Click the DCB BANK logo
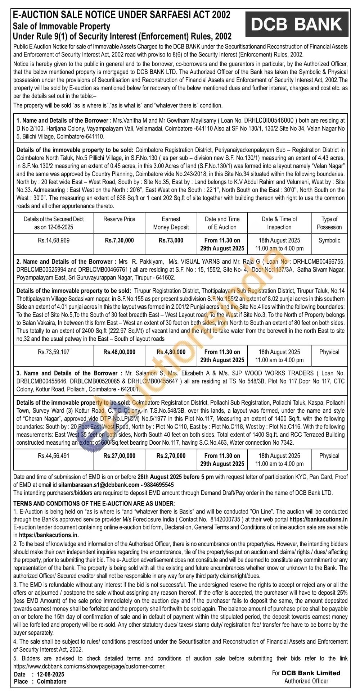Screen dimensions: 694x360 click(x=297, y=24)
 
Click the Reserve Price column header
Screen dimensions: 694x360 click(x=119, y=219)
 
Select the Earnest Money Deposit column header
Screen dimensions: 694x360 click(x=171, y=223)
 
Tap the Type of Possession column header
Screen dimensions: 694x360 click(x=329, y=223)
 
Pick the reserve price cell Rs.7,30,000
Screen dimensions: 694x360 click(x=119, y=240)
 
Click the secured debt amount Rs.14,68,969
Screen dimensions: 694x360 click(x=54, y=240)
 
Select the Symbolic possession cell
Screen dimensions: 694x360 click(x=329, y=240)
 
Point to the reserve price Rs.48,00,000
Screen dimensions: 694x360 click(x=119, y=352)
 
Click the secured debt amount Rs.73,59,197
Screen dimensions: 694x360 click(x=54, y=352)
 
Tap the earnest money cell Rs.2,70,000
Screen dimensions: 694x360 click(x=171, y=455)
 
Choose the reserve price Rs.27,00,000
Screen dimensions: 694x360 click(x=119, y=455)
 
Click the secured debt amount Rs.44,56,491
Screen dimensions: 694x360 click(x=54, y=455)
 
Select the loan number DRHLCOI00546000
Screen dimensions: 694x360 click(x=271, y=121)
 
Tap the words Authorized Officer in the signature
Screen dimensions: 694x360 click(x=306, y=681)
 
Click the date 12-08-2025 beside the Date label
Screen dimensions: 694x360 click(x=50, y=674)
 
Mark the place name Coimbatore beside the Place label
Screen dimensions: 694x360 click(x=51, y=681)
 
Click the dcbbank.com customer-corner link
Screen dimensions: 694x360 click(x=90, y=666)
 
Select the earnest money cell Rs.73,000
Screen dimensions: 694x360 click(x=171, y=240)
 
